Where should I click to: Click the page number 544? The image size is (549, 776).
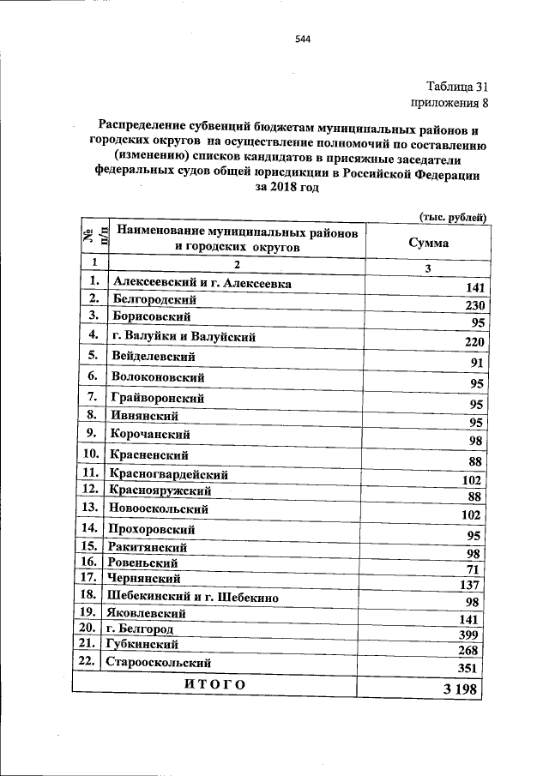(x=302, y=39)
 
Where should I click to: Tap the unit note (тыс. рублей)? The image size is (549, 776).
(x=453, y=218)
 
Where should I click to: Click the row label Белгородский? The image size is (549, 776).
(x=154, y=300)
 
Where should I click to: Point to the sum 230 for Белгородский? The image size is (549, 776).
(x=474, y=307)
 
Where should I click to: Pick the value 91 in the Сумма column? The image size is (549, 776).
(x=478, y=363)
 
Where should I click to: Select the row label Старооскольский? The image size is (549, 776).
(x=157, y=663)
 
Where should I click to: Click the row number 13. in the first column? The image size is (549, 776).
(x=89, y=508)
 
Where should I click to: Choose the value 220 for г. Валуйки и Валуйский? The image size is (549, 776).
(x=474, y=342)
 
